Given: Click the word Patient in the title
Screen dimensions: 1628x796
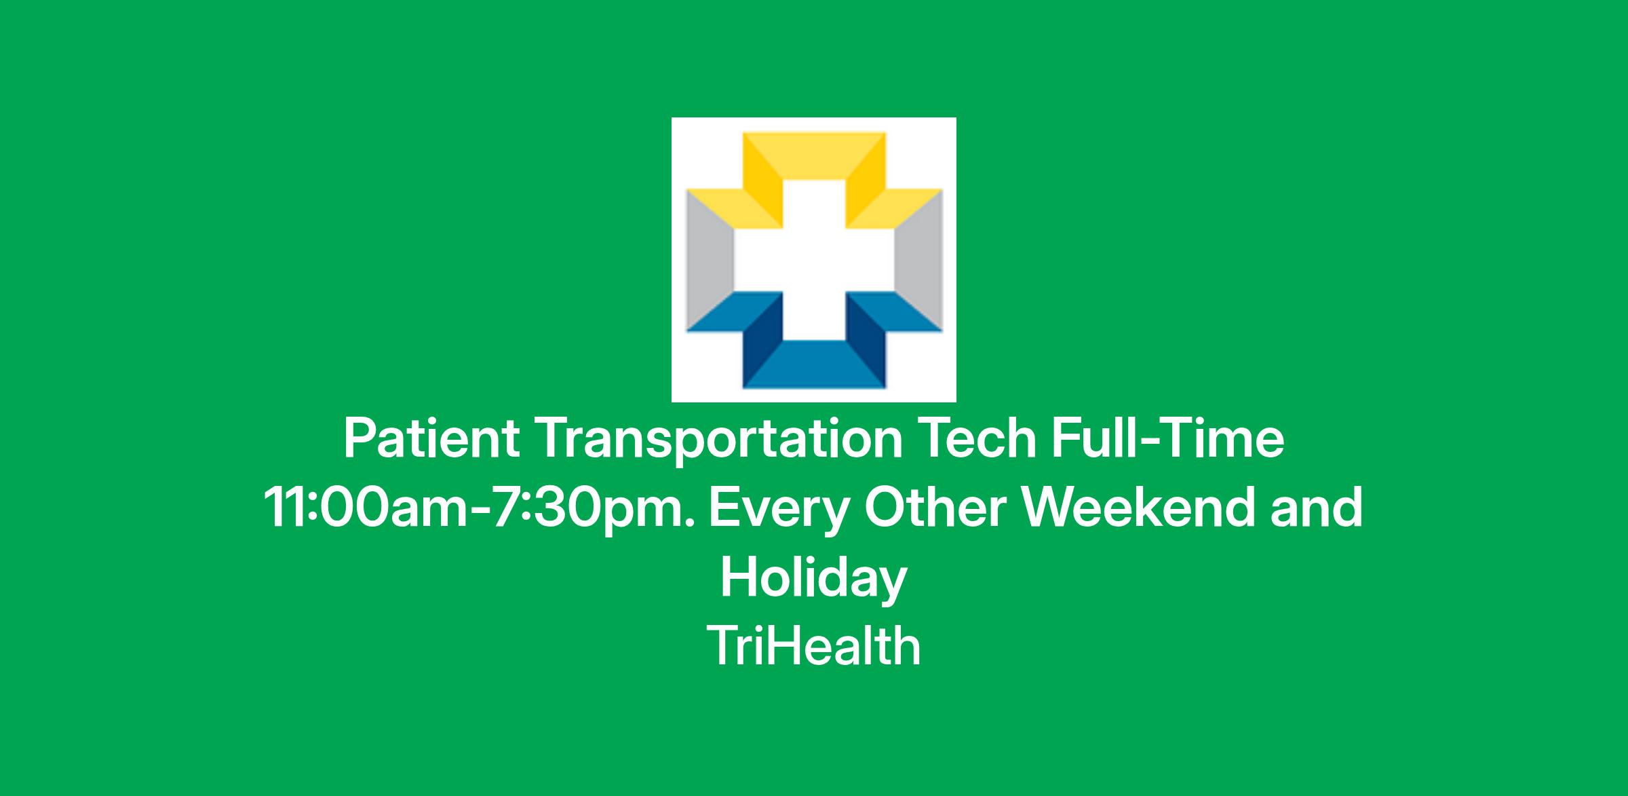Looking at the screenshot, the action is (432, 439).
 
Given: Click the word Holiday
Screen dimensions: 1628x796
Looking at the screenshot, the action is (813, 580).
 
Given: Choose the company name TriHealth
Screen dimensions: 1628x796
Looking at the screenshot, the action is (813, 645).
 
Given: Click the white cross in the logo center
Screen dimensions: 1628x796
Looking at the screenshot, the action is (814, 260).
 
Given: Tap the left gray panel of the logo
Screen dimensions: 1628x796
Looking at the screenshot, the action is (710, 261).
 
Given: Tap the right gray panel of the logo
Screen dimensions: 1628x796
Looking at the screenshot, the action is (918, 261).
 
